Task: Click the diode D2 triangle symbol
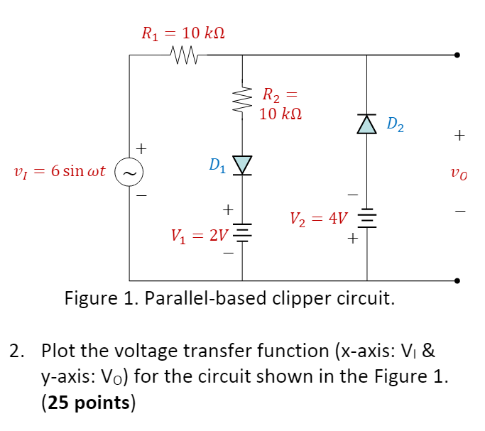(x=366, y=124)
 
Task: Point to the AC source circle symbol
(x=130, y=172)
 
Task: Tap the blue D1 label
(x=218, y=165)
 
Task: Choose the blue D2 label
(x=396, y=126)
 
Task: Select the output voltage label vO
(x=461, y=172)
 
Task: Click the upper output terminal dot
(x=458, y=55)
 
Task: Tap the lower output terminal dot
(x=458, y=280)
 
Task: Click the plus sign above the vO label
(x=461, y=134)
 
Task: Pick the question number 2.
(x=16, y=351)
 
